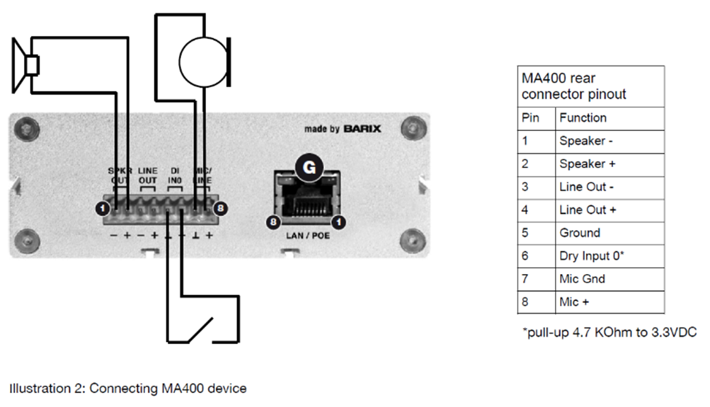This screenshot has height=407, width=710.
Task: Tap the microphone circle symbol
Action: tap(203, 62)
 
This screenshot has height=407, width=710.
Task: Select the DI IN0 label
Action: tap(175, 176)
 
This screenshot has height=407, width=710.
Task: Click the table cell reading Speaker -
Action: tap(586, 141)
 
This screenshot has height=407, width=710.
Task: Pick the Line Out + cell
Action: tap(588, 210)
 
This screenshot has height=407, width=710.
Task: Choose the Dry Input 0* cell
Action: tap(592, 256)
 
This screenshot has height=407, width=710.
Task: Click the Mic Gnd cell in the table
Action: tap(581, 278)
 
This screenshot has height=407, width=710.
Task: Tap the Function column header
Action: tap(583, 118)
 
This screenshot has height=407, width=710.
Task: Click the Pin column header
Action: tap(530, 118)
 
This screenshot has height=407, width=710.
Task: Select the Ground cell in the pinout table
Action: tap(580, 232)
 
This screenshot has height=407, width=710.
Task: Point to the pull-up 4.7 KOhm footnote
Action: tap(609, 333)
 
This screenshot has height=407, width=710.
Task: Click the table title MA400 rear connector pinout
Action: tap(574, 86)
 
